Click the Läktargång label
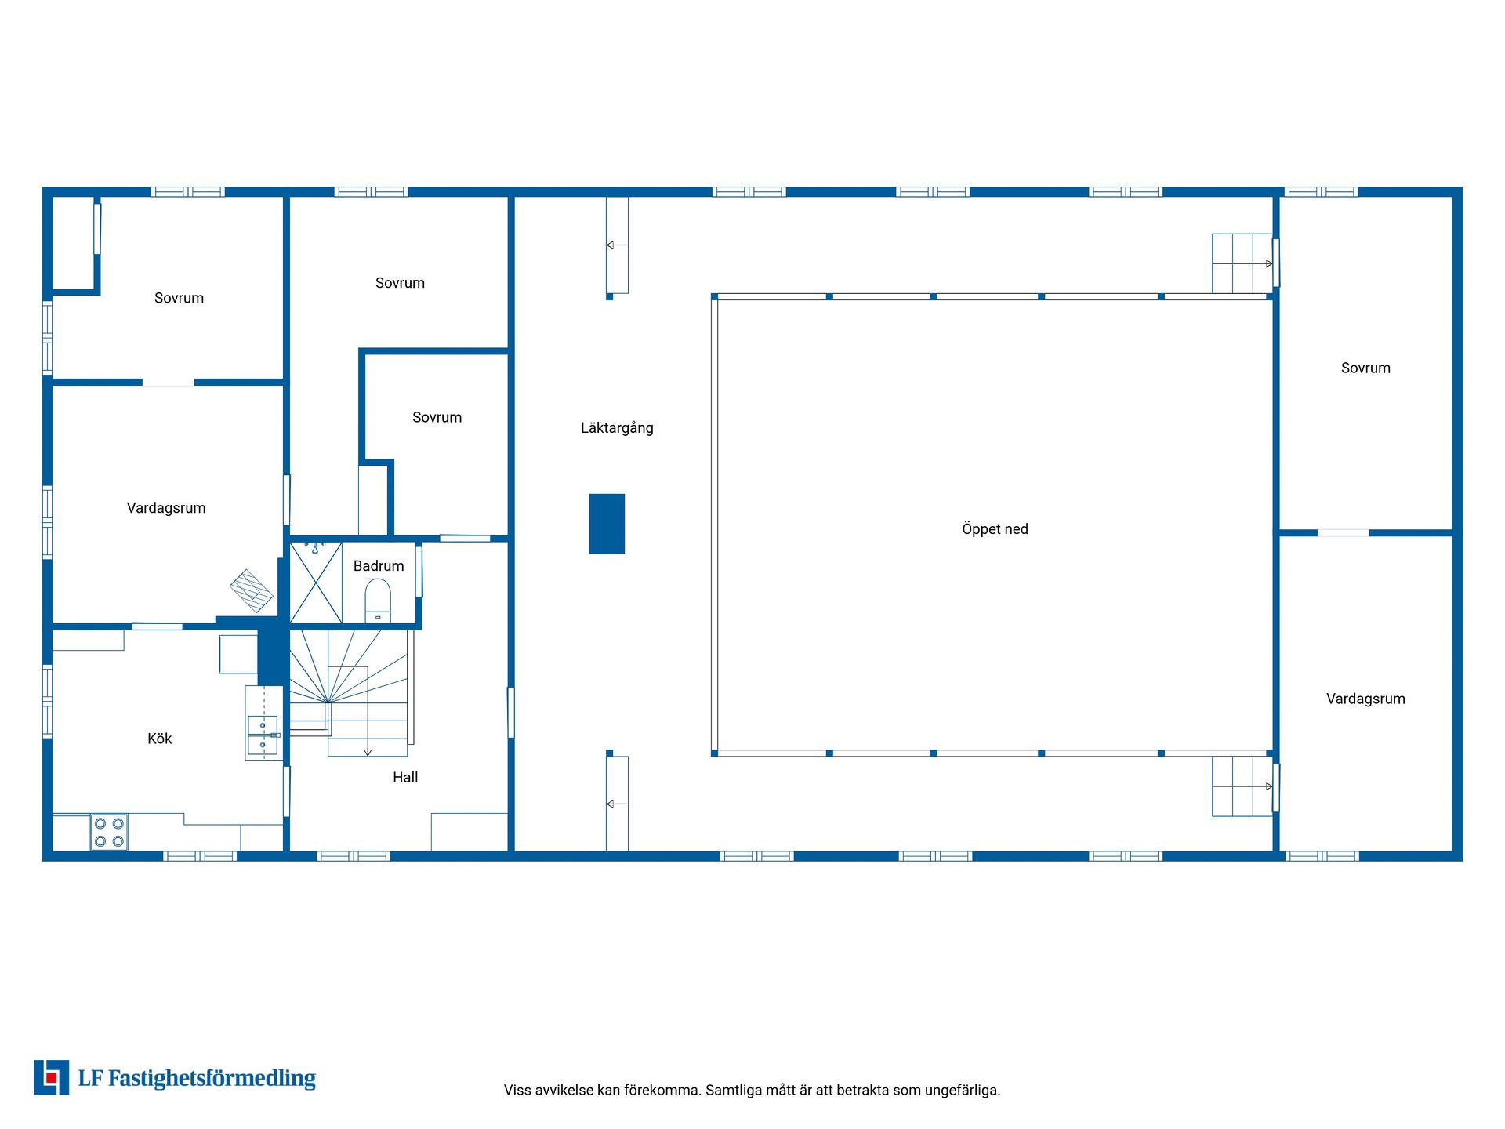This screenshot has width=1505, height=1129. tap(617, 428)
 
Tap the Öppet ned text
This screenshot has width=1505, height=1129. tap(995, 529)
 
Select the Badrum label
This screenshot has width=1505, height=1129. tap(379, 565)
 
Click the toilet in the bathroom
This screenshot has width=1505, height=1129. tap(378, 601)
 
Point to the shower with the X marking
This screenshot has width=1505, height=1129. tap(316, 583)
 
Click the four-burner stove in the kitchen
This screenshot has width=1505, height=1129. tap(109, 832)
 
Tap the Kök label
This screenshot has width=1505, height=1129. tap(159, 739)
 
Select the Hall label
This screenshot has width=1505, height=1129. tap(405, 777)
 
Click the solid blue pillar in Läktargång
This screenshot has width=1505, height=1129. tap(607, 524)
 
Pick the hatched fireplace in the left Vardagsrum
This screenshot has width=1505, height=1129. tap(252, 591)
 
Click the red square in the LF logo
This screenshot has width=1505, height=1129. tap(52, 1077)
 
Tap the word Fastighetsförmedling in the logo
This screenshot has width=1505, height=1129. tap(212, 1079)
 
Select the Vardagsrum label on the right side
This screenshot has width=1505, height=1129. tap(1365, 699)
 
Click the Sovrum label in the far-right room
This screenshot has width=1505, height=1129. tap(1365, 368)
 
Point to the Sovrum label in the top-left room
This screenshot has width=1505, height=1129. tap(179, 298)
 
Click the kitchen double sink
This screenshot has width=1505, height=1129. tap(263, 735)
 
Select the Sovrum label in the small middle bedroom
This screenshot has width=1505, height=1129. tap(437, 417)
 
